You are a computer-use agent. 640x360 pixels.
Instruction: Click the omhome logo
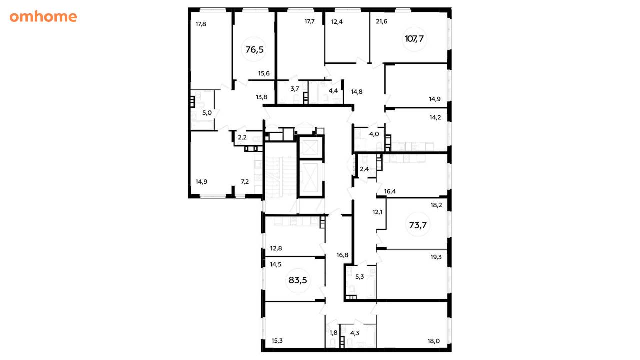(43, 17)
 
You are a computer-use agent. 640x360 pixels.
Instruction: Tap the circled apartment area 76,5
(254, 49)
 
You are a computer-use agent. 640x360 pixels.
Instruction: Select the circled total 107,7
(414, 38)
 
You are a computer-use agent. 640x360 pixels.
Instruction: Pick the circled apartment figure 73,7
(418, 225)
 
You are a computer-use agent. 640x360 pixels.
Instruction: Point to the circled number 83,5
(298, 280)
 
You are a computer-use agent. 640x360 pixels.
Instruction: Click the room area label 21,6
(381, 21)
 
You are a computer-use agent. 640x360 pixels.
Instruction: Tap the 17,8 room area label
(201, 24)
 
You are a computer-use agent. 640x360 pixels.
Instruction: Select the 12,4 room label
(337, 21)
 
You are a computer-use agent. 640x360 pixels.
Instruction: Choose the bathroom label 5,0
(207, 113)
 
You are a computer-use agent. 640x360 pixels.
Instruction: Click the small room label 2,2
(242, 137)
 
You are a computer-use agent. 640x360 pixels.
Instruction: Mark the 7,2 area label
(245, 181)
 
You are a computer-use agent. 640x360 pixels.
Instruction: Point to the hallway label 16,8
(342, 255)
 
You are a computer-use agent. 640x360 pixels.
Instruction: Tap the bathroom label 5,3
(359, 276)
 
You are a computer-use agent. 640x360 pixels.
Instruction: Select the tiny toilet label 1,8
(333, 333)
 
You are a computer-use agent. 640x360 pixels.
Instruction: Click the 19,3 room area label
(436, 257)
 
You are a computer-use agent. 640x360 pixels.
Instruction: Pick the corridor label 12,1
(377, 212)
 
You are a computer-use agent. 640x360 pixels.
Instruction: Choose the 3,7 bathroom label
(295, 89)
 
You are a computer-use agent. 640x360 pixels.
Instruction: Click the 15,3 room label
(277, 341)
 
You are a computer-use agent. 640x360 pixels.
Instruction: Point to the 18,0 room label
(433, 341)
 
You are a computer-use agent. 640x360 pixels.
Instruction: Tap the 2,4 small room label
(364, 169)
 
